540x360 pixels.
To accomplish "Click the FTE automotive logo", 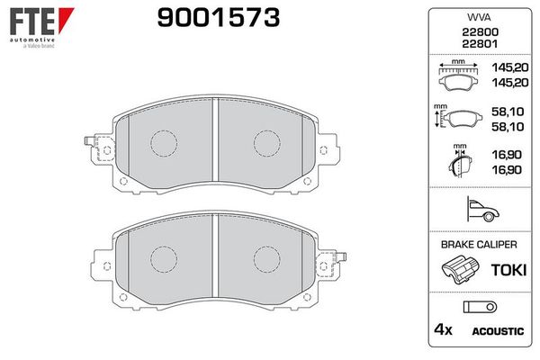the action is pos(41,28).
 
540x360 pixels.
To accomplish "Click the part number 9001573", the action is pos(219,18).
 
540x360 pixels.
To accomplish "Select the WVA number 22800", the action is pos(480,32).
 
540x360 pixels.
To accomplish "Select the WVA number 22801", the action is pos(480,44).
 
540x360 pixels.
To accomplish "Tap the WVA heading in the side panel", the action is pos(479,17).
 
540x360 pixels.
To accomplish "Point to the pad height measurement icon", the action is pos(458,117).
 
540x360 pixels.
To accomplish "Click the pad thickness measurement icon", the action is pos(460,160).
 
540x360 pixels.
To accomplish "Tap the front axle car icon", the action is pos(482,209).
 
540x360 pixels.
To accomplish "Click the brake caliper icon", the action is pos(460,269).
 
